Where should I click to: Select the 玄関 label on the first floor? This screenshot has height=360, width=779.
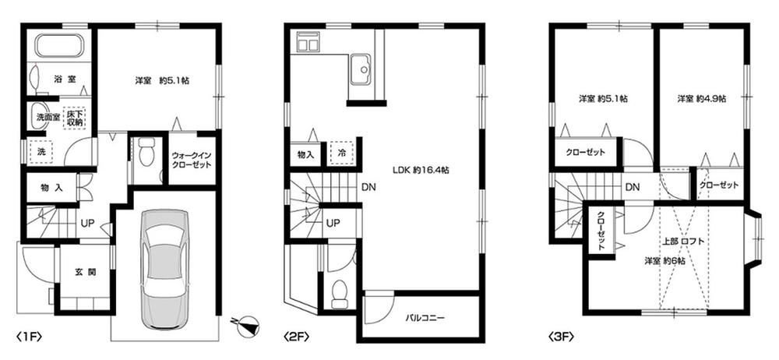(x=85, y=272)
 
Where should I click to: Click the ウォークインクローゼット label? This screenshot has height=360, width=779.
(x=192, y=160)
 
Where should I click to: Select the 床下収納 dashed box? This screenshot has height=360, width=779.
(x=76, y=118)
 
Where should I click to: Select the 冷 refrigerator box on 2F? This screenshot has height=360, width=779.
(x=341, y=154)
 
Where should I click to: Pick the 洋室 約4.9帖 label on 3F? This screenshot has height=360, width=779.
(x=701, y=99)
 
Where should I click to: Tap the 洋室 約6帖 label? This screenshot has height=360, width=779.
(x=664, y=261)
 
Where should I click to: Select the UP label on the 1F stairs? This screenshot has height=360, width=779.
(x=88, y=222)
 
